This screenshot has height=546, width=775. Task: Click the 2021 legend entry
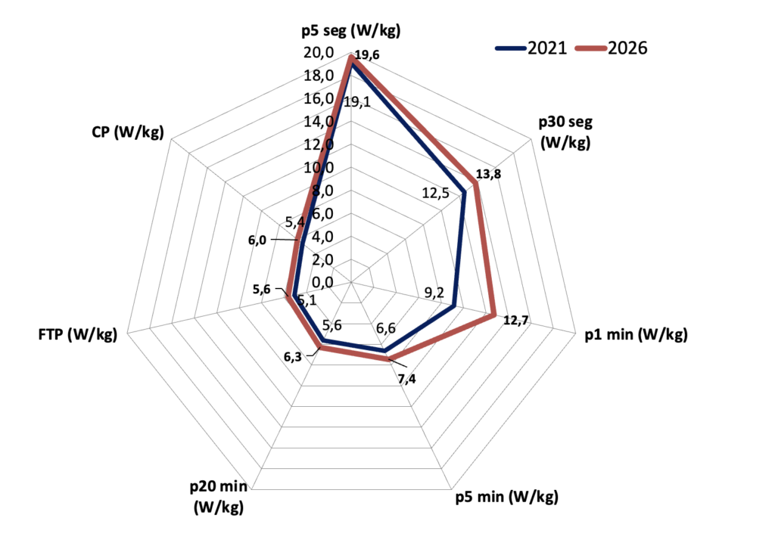click(531, 48)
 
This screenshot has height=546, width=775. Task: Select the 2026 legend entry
click(612, 48)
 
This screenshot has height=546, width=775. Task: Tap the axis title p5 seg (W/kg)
click(351, 30)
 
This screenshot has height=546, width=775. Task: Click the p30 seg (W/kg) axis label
click(565, 132)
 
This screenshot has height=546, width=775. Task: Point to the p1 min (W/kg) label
click(636, 334)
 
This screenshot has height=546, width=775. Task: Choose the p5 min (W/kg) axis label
click(506, 496)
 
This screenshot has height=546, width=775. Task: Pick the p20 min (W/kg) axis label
click(219, 497)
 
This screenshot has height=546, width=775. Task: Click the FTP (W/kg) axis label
click(78, 334)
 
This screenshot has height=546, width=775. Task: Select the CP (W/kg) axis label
click(127, 132)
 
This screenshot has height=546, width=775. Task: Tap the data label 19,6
click(367, 54)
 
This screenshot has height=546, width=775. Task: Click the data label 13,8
click(488, 174)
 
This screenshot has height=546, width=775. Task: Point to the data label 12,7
click(516, 321)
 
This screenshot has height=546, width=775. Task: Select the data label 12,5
click(435, 193)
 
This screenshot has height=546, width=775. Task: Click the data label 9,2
click(434, 293)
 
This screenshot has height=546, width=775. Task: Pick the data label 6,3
click(293, 357)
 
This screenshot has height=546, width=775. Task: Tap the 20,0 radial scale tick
click(319, 52)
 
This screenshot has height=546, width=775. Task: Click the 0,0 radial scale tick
click(322, 283)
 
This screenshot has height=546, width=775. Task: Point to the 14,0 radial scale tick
click(319, 122)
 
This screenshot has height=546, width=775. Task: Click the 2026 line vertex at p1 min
click(493, 315)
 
